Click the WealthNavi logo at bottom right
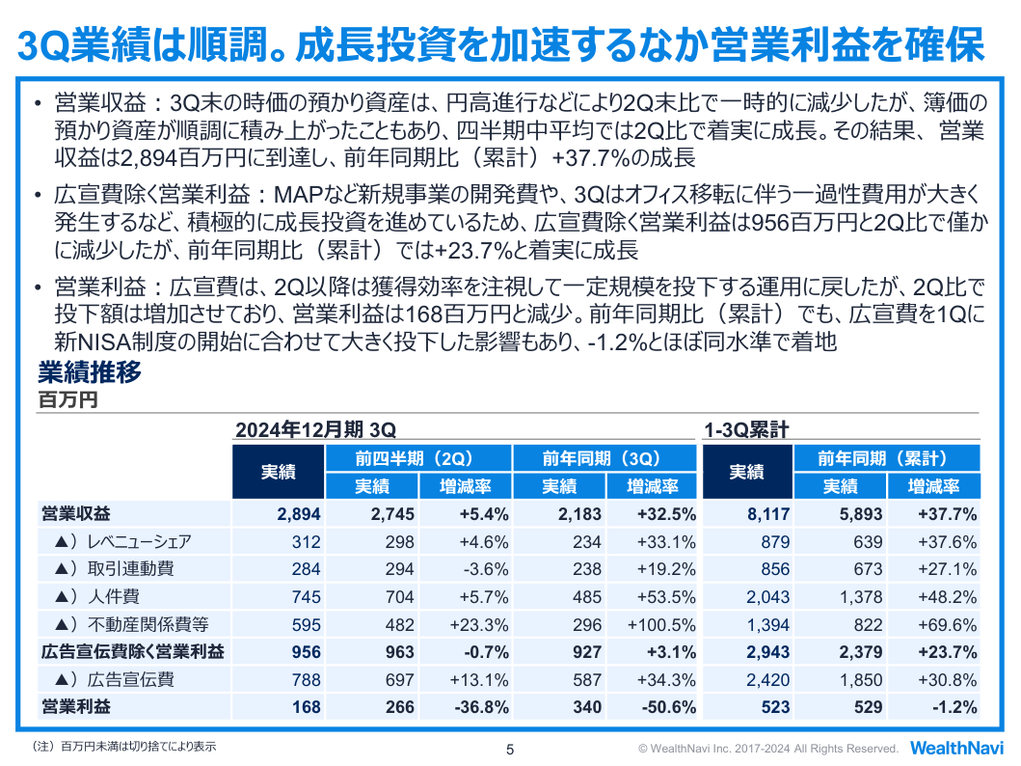(x=956, y=748)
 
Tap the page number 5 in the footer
(x=510, y=750)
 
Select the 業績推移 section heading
(x=90, y=372)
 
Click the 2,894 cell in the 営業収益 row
(x=299, y=514)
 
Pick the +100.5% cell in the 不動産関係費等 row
(x=661, y=624)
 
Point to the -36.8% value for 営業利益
(x=482, y=707)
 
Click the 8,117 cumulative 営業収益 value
(x=768, y=514)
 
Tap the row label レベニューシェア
(x=140, y=541)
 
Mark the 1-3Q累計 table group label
(x=747, y=430)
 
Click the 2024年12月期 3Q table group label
(x=316, y=430)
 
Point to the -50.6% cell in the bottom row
(x=669, y=707)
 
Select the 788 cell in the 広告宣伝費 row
(x=306, y=679)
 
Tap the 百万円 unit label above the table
(x=68, y=399)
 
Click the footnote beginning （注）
(x=123, y=747)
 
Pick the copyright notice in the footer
(x=768, y=749)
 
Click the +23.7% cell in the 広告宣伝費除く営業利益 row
(x=948, y=652)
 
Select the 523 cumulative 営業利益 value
(x=775, y=707)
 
